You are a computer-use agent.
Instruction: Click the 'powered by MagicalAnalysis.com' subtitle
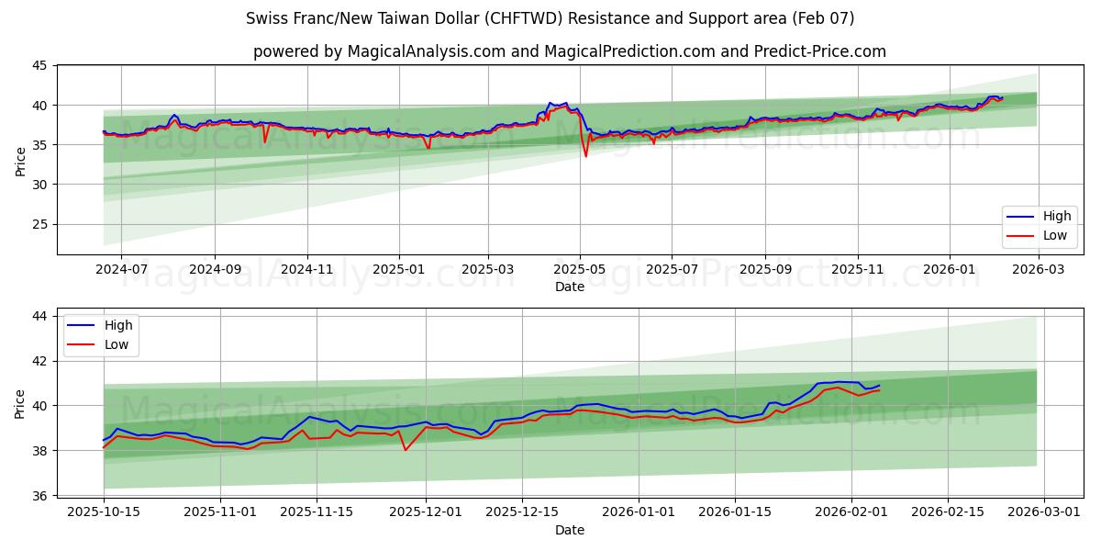[x=569, y=51]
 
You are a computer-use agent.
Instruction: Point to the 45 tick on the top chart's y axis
[x=39, y=65]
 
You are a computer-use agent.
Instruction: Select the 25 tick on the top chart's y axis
[x=39, y=224]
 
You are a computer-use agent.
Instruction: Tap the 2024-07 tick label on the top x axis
[x=121, y=270]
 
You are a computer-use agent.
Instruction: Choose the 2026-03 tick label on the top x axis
[x=1039, y=270]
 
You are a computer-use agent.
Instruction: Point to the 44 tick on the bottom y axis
[x=39, y=316]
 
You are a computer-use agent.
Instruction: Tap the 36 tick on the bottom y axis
[x=39, y=496]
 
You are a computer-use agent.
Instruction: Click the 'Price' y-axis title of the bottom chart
[x=20, y=403]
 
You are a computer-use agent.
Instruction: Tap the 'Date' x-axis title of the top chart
[x=569, y=287]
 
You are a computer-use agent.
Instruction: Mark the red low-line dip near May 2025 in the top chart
[x=586, y=156]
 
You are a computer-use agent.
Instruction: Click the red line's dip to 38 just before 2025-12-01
[x=406, y=449]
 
